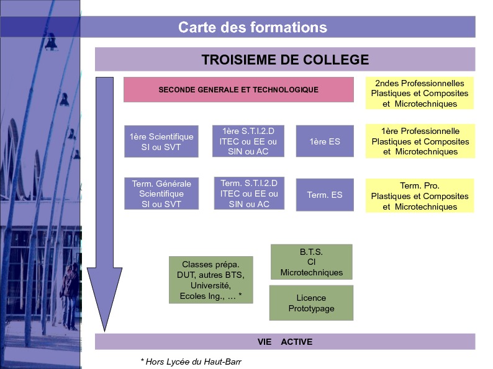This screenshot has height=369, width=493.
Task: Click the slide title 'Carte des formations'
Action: (253, 27)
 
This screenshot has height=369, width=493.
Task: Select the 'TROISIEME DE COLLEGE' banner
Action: (285, 60)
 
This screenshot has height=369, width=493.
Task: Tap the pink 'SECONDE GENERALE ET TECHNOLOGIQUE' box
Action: (238, 89)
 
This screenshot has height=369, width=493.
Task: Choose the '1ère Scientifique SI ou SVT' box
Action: (161, 141)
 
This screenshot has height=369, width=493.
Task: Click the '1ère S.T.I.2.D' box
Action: (248, 141)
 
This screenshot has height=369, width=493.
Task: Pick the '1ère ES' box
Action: (325, 141)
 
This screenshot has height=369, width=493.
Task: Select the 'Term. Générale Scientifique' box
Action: (161, 193)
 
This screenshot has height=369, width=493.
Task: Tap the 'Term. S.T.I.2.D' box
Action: (249, 193)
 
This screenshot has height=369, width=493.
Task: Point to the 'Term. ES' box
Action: (325, 195)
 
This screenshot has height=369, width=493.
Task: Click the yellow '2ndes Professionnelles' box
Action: (420, 93)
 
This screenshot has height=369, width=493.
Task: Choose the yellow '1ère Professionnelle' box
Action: (420, 141)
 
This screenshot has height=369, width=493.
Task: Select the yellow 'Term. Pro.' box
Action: (420, 195)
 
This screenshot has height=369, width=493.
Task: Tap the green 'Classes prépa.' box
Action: (210, 280)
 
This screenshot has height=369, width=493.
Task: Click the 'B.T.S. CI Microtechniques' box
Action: (311, 262)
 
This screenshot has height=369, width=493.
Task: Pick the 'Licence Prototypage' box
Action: (311, 303)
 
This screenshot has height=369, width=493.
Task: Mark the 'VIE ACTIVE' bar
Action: (285, 342)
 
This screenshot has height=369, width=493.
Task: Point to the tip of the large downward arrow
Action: (104, 331)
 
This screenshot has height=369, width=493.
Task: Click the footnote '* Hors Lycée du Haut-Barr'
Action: (191, 362)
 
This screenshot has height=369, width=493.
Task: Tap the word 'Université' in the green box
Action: (210, 285)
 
